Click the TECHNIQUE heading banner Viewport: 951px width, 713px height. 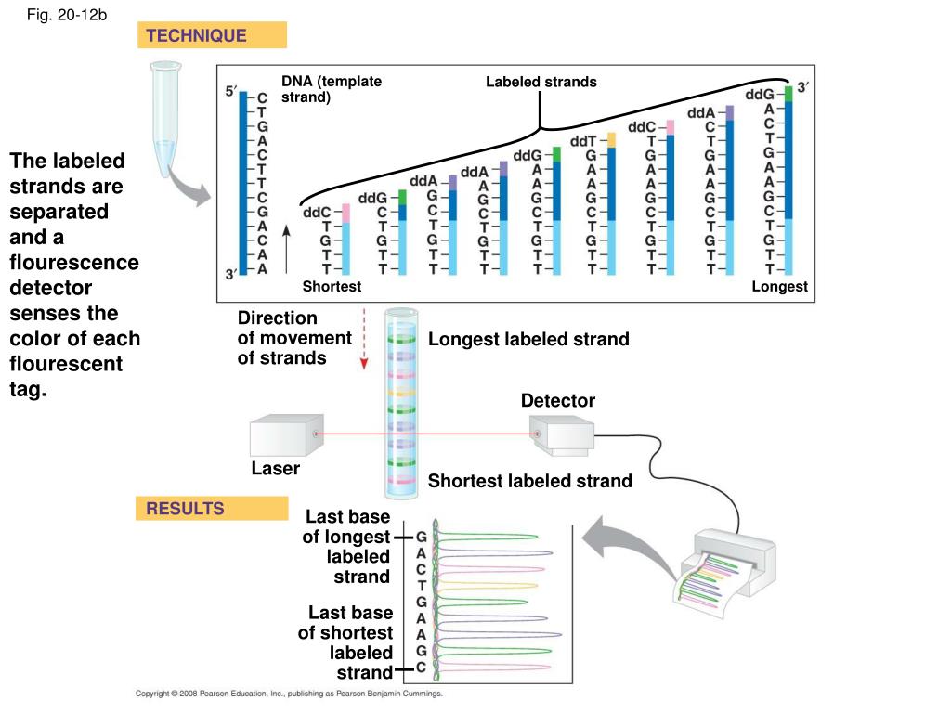point(212,36)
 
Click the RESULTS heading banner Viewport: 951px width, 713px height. point(212,509)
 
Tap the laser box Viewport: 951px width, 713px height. point(286,434)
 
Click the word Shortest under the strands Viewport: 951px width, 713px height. point(332,287)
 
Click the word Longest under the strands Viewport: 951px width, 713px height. point(779,287)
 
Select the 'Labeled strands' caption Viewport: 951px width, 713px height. point(541,82)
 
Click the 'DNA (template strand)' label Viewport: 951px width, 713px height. point(332,88)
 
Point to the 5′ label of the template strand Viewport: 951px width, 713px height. point(231,92)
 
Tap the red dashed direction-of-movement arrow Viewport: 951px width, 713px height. point(365,340)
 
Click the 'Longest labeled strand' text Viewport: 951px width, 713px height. point(528,340)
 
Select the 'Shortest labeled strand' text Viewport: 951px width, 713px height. point(529,481)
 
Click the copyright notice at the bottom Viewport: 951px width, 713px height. point(289,694)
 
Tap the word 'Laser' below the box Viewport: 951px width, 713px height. point(275,469)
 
